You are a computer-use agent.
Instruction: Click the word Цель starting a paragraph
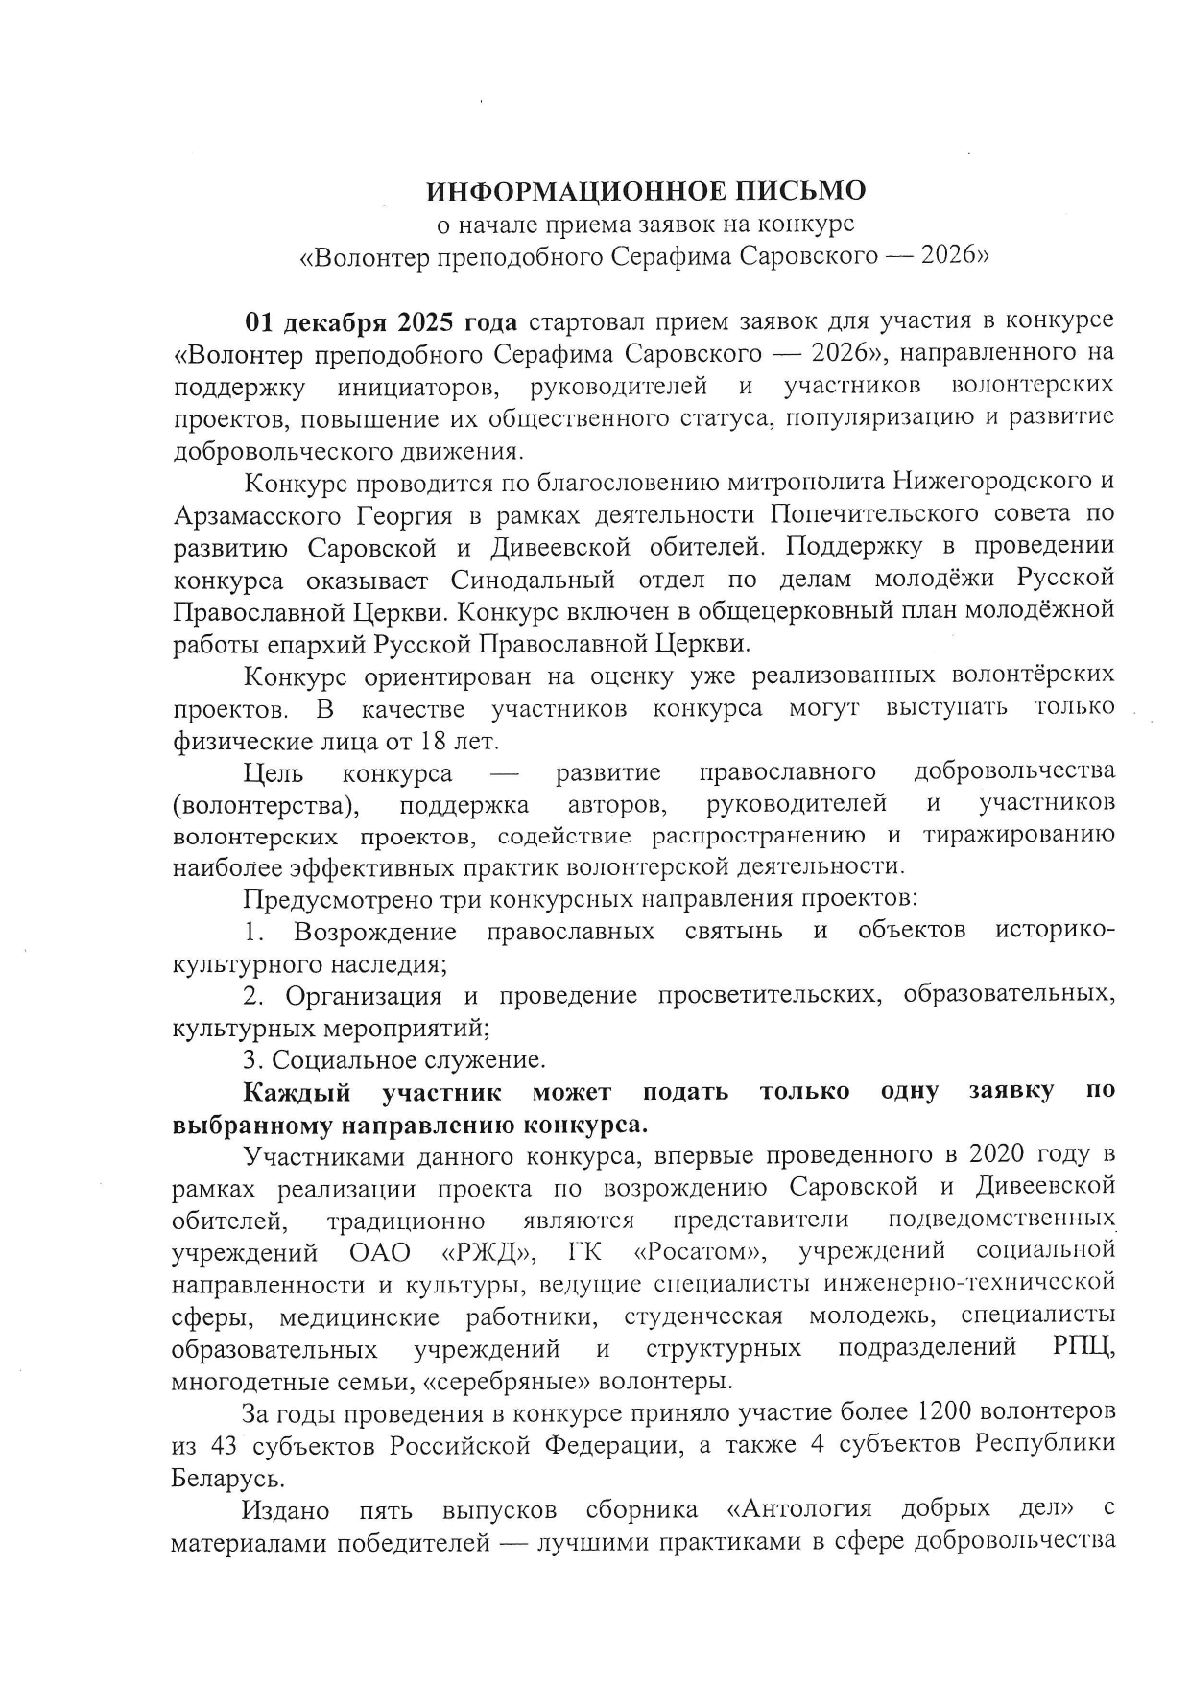click(274, 772)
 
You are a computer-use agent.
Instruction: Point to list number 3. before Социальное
click(252, 1060)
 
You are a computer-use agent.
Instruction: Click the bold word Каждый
click(297, 1092)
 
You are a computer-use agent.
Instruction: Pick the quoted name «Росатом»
click(701, 1252)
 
